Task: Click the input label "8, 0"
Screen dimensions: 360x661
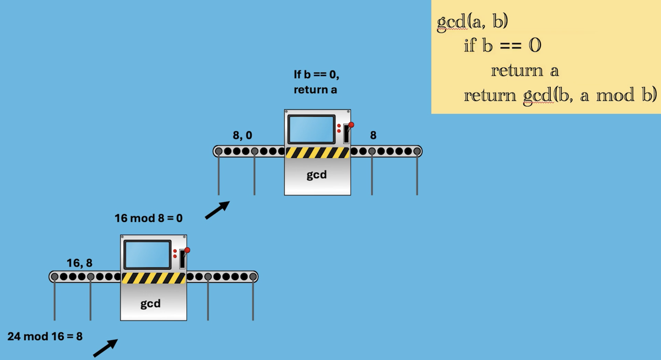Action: click(x=243, y=134)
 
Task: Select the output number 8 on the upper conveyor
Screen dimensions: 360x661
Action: click(x=373, y=134)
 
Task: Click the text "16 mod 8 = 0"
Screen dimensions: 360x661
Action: click(x=149, y=219)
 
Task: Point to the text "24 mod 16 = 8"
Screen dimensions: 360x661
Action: click(x=45, y=336)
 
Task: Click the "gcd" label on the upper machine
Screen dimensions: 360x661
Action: click(x=317, y=175)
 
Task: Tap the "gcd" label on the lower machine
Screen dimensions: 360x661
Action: click(x=150, y=303)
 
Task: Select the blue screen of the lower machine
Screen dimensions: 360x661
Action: click(x=148, y=255)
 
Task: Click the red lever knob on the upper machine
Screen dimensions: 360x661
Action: click(x=351, y=124)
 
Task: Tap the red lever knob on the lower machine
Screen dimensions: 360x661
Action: click(x=187, y=250)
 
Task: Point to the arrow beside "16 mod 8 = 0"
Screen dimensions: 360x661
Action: click(x=217, y=210)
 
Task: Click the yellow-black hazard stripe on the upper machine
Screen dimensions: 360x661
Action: click(x=317, y=152)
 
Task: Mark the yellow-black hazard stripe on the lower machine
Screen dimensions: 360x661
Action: click(x=153, y=278)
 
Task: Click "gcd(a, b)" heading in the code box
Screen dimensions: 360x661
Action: click(x=472, y=22)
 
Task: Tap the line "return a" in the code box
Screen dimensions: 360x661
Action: click(x=524, y=70)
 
